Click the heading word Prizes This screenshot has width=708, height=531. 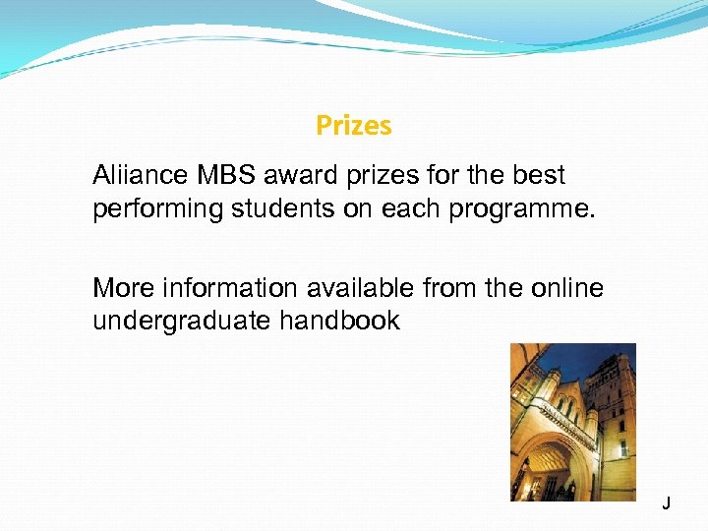point(354,126)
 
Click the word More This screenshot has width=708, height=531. point(123,288)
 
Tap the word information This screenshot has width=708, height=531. point(225,288)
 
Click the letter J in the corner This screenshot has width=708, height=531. point(667,504)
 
